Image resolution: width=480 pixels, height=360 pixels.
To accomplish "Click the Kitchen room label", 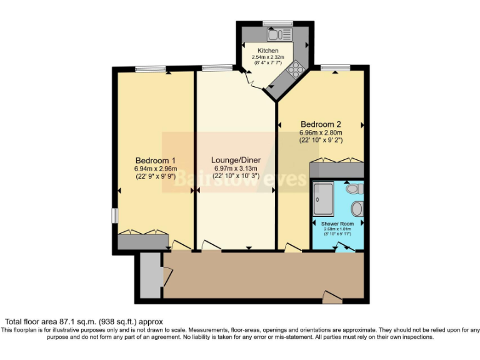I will (x=268, y=51).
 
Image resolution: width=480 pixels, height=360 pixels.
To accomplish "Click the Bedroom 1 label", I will (x=155, y=160).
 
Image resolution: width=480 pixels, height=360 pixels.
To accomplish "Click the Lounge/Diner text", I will (x=235, y=160).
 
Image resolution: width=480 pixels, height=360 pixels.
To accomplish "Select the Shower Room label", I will (x=337, y=224).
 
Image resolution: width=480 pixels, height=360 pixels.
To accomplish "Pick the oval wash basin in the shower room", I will (x=357, y=208).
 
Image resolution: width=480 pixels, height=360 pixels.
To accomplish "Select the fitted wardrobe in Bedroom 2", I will (x=336, y=169).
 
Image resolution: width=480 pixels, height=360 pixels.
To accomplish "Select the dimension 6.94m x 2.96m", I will (x=155, y=169).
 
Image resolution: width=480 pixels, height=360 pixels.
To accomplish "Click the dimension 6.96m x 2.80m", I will (x=321, y=132).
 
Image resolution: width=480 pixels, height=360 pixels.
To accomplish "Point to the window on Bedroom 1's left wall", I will (x=114, y=214).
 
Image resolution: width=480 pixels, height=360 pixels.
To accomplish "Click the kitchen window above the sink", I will (x=273, y=23).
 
